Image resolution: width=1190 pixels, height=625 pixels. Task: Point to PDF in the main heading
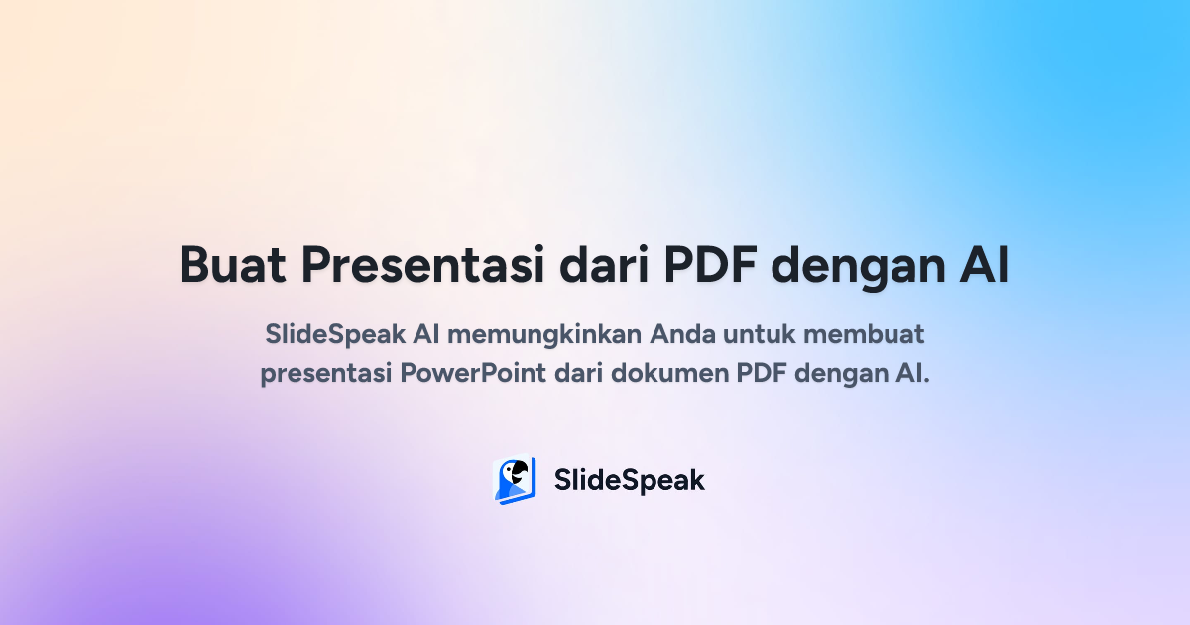pos(710,266)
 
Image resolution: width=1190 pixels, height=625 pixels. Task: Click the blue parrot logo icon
pos(514,481)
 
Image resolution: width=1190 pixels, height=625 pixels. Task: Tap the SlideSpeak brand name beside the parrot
pos(629,481)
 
